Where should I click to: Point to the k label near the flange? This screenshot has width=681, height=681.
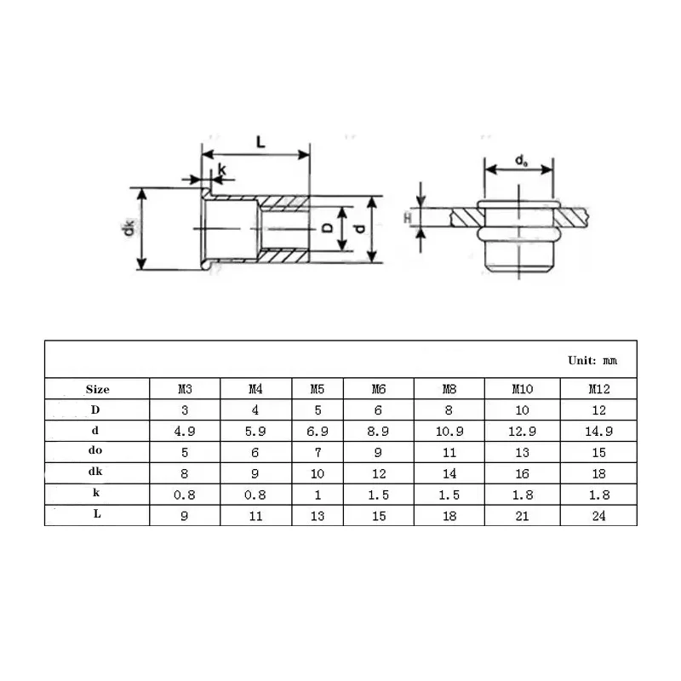tap(222, 170)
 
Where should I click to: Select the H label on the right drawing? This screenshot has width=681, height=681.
tap(408, 219)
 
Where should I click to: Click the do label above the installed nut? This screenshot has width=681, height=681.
tap(519, 159)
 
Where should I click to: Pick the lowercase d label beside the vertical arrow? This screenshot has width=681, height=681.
tap(360, 229)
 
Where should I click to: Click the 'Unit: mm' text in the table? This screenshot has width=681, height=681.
tap(592, 360)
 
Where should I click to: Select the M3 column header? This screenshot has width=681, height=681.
tap(184, 389)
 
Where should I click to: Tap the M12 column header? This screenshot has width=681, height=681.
tap(598, 389)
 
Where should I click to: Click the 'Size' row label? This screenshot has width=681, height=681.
tap(97, 389)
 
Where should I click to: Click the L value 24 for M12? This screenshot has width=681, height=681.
tap(598, 516)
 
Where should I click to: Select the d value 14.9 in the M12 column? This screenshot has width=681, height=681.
tap(598, 432)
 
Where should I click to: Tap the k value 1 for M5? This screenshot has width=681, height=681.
tap(317, 495)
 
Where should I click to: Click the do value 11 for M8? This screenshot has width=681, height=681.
tap(449, 452)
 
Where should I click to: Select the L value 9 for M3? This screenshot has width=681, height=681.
tap(184, 516)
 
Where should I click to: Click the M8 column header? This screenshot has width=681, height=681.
tap(449, 389)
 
